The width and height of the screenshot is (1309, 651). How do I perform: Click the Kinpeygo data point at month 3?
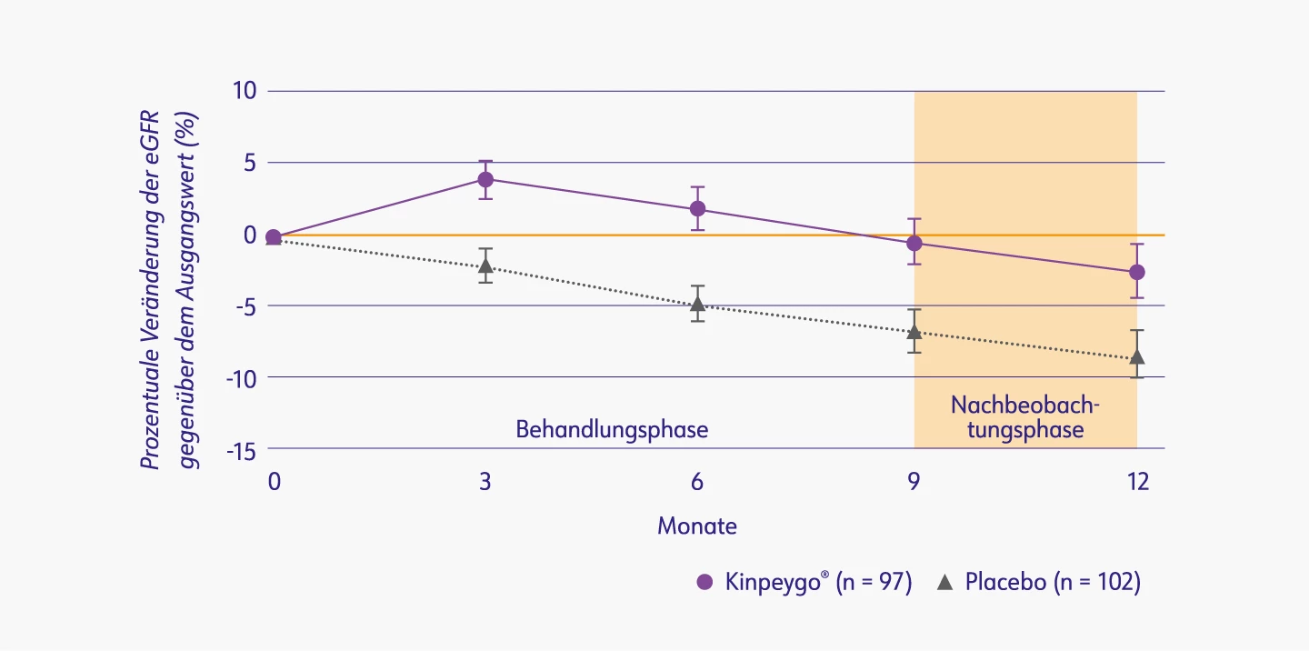coord(485,179)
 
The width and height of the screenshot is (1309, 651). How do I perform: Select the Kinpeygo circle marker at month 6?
coord(697,208)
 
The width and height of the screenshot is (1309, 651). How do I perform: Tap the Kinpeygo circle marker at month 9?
coord(914,243)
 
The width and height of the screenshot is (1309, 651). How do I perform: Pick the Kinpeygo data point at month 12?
coord(1136,272)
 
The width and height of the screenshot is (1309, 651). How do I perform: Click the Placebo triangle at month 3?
coord(485,266)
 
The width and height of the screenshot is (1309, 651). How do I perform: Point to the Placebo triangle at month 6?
coord(697,304)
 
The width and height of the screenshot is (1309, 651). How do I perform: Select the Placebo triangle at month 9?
coord(914,333)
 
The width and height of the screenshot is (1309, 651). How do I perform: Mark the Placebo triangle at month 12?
coord(1136,357)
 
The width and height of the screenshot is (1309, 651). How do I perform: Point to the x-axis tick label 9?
coord(914,482)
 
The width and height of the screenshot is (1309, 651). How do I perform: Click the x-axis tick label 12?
coord(1138,482)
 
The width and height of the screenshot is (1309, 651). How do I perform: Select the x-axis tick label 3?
coord(485,482)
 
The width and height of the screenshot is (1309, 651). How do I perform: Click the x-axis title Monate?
coord(697,526)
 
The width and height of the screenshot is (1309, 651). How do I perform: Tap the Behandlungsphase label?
coord(612,429)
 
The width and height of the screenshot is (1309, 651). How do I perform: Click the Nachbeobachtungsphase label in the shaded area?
coord(1025,416)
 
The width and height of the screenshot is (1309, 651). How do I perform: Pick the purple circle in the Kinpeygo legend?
coord(704,583)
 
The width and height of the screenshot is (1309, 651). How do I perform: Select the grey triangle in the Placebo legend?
coord(944,583)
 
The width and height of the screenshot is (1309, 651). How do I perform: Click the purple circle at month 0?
coord(273,237)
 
